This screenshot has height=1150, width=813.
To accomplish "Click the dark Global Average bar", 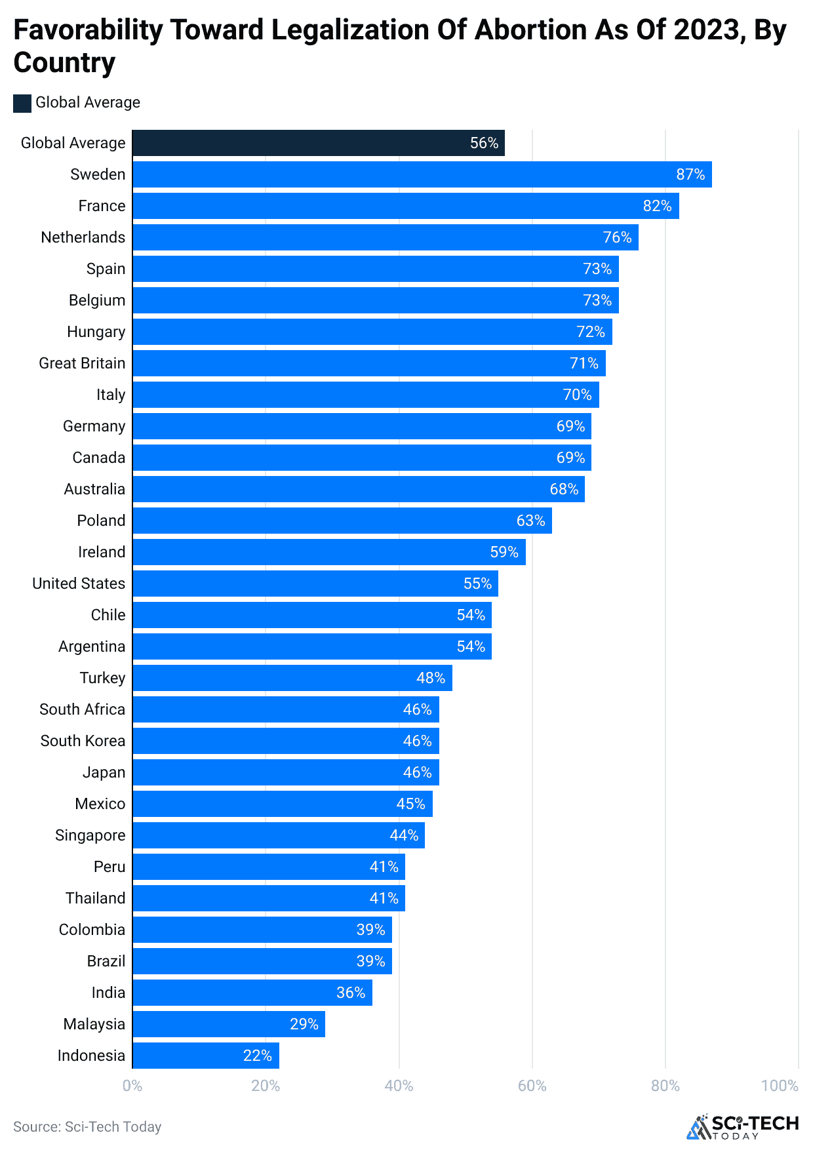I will [318, 143].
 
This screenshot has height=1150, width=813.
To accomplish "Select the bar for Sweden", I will [422, 174].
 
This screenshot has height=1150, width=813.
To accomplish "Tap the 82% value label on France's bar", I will [657, 206].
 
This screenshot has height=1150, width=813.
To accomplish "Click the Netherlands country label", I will [83, 237].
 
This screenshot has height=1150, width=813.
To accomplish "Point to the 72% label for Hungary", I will [590, 332].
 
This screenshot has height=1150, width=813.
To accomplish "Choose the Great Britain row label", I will [82, 363].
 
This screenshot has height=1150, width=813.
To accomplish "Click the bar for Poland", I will [342, 521].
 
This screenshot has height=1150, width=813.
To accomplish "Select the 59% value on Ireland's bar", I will [504, 552].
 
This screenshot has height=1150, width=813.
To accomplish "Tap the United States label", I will [79, 584].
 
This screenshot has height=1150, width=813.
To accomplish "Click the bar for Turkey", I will [292, 678].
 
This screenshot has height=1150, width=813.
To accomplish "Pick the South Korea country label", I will [83, 741].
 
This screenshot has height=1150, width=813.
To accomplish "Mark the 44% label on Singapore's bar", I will [404, 835].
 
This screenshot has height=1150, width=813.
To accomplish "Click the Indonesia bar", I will [205, 1056].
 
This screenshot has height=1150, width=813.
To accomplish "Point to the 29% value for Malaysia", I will [304, 1024].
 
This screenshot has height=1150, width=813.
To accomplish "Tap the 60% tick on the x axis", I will [532, 1086].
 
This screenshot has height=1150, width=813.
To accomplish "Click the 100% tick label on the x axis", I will [779, 1086].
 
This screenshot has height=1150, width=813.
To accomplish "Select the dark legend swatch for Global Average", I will [22, 103].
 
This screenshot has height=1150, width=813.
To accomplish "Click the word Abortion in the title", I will [530, 30].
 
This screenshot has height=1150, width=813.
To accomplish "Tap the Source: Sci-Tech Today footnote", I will [87, 1126].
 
